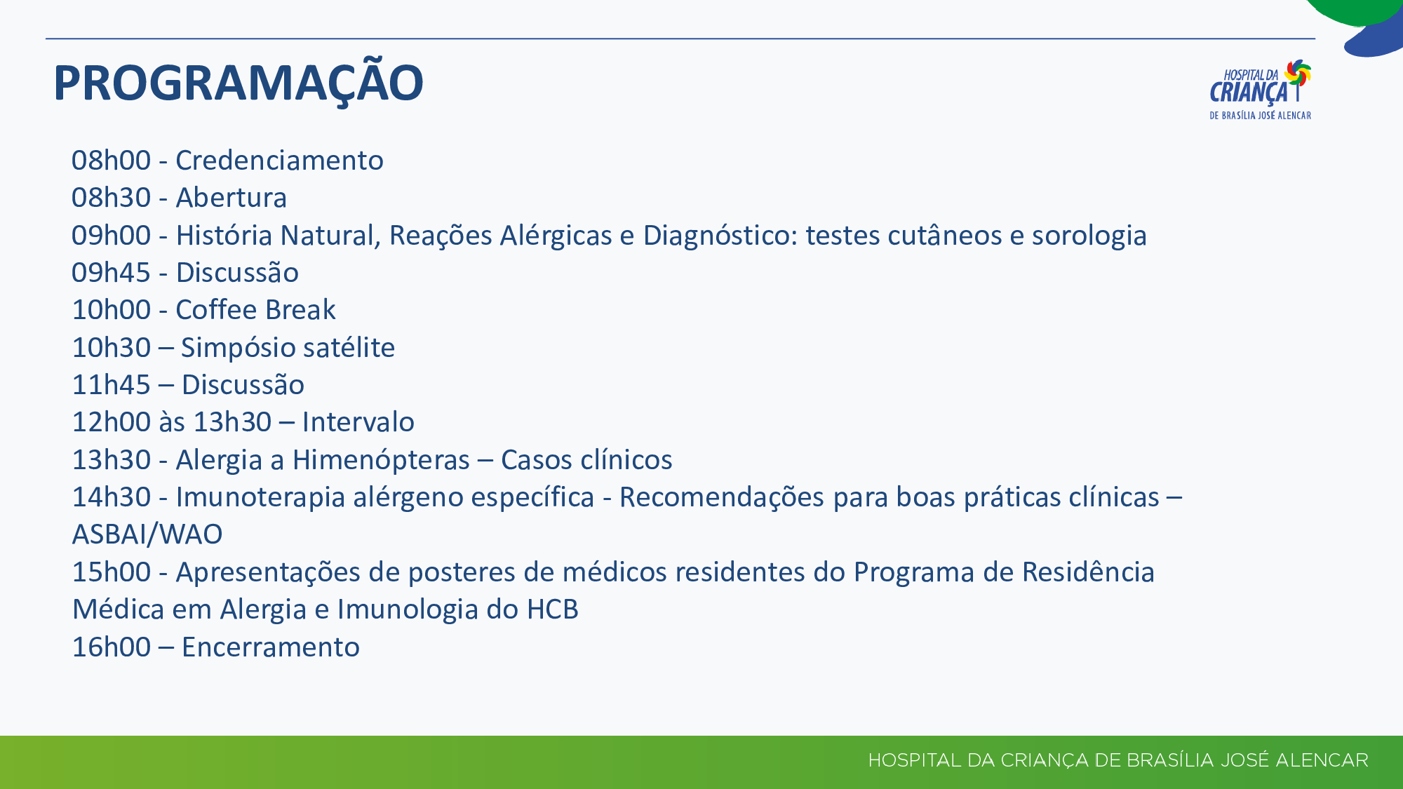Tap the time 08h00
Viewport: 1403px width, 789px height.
tap(111, 161)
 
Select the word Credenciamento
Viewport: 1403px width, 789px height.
tap(279, 161)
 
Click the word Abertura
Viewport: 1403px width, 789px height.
tap(231, 198)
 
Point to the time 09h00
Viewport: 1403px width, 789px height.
tap(111, 236)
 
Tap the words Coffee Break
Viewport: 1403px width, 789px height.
tap(255, 310)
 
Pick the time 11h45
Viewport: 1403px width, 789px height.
tap(111, 385)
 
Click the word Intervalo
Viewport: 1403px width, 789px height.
tap(358, 422)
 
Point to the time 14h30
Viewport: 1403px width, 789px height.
tap(111, 497)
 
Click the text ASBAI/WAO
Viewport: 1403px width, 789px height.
tap(147, 534)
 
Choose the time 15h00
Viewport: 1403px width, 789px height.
tap(111, 572)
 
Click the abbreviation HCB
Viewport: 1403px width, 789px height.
tap(552, 609)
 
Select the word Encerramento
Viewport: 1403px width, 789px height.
tap(270, 647)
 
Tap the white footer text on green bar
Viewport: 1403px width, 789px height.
tap(1118, 760)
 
